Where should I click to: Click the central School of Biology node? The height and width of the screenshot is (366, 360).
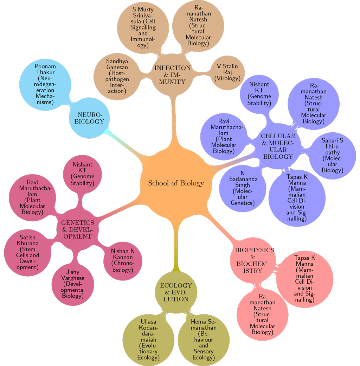click(175, 183)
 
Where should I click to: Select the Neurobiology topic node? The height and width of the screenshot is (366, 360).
click(91, 118)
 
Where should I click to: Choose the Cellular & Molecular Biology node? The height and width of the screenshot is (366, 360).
click(278, 146)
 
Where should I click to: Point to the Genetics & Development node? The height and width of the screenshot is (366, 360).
click(78, 229)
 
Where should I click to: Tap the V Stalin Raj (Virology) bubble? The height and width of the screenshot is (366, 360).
click(227, 72)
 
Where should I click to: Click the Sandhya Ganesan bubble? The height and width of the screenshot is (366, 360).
click(117, 76)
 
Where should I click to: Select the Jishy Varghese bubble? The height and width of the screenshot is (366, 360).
click(73, 284)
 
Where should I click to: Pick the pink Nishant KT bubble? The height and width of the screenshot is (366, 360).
click(82, 174)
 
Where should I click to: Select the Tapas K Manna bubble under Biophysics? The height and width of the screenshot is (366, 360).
click(304, 278)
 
